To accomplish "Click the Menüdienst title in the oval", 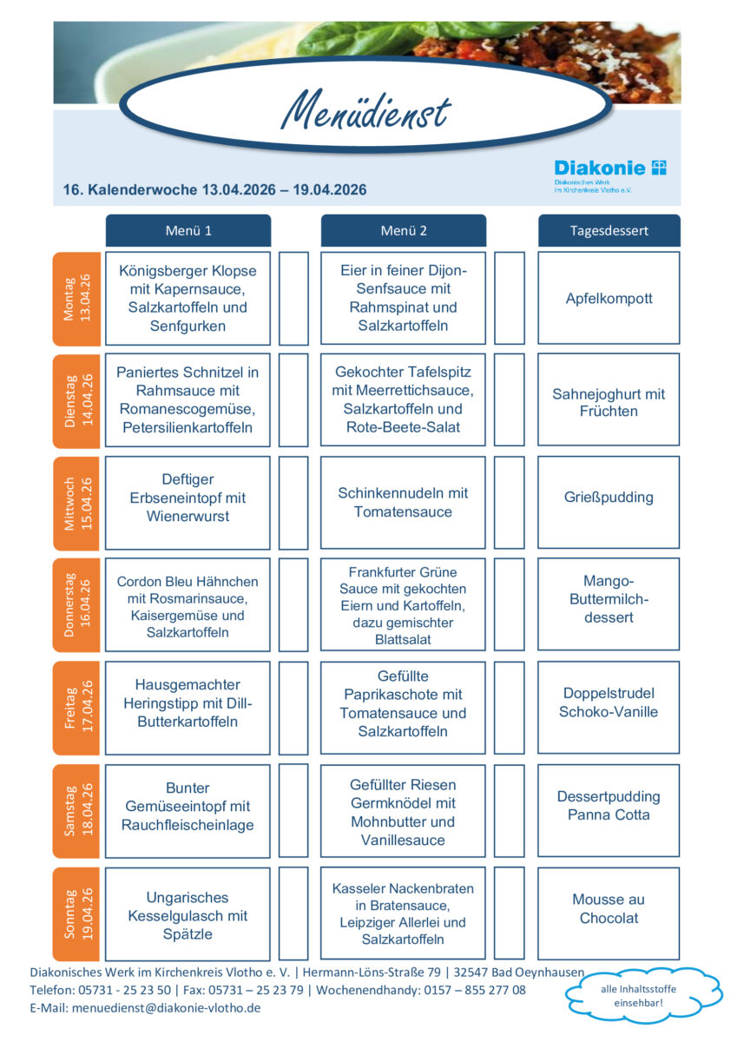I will [x=366, y=112].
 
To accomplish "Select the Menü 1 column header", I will [x=188, y=231].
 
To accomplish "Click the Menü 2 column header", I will [x=404, y=231].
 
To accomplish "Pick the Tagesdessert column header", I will [x=609, y=231].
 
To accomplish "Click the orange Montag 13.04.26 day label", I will [x=76, y=299].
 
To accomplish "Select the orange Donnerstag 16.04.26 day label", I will [x=76, y=605].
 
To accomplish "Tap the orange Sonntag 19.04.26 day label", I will [x=76, y=913].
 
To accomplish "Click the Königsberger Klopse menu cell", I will [x=188, y=299].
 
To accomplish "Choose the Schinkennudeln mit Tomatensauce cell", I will [x=403, y=503].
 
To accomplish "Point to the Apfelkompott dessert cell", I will [x=609, y=299].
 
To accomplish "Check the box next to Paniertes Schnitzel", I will [x=293, y=400].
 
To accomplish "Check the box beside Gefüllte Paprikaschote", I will [x=510, y=707].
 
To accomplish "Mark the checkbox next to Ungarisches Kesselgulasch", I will [x=293, y=913].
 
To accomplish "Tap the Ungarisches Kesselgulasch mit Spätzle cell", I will [x=188, y=913].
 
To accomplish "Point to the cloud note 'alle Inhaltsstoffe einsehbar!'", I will [x=644, y=996].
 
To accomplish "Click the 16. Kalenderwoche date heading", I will [x=214, y=190].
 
